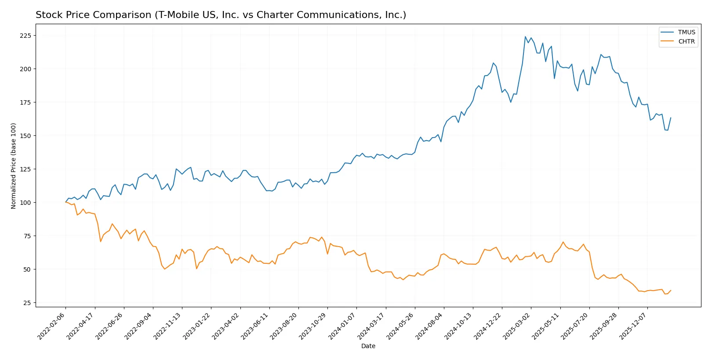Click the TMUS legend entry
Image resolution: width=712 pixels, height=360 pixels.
pyautogui.click(x=686, y=32)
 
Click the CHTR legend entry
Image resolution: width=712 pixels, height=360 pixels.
pyautogui.click(x=686, y=41)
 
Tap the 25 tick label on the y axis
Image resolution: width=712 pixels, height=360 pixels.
pyautogui.click(x=27, y=303)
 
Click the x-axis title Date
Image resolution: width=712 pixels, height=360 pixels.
pyautogui.click(x=368, y=346)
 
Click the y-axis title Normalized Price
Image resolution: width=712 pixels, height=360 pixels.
pyautogui.click(x=14, y=166)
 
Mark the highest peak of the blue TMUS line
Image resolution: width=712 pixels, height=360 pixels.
pyautogui.click(x=525, y=37)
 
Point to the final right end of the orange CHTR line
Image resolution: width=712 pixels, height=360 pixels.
pyautogui.click(x=671, y=290)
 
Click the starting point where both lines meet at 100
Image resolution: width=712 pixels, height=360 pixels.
pyautogui.click(x=66, y=202)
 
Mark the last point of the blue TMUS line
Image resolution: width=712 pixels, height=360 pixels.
pyautogui.click(x=671, y=118)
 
